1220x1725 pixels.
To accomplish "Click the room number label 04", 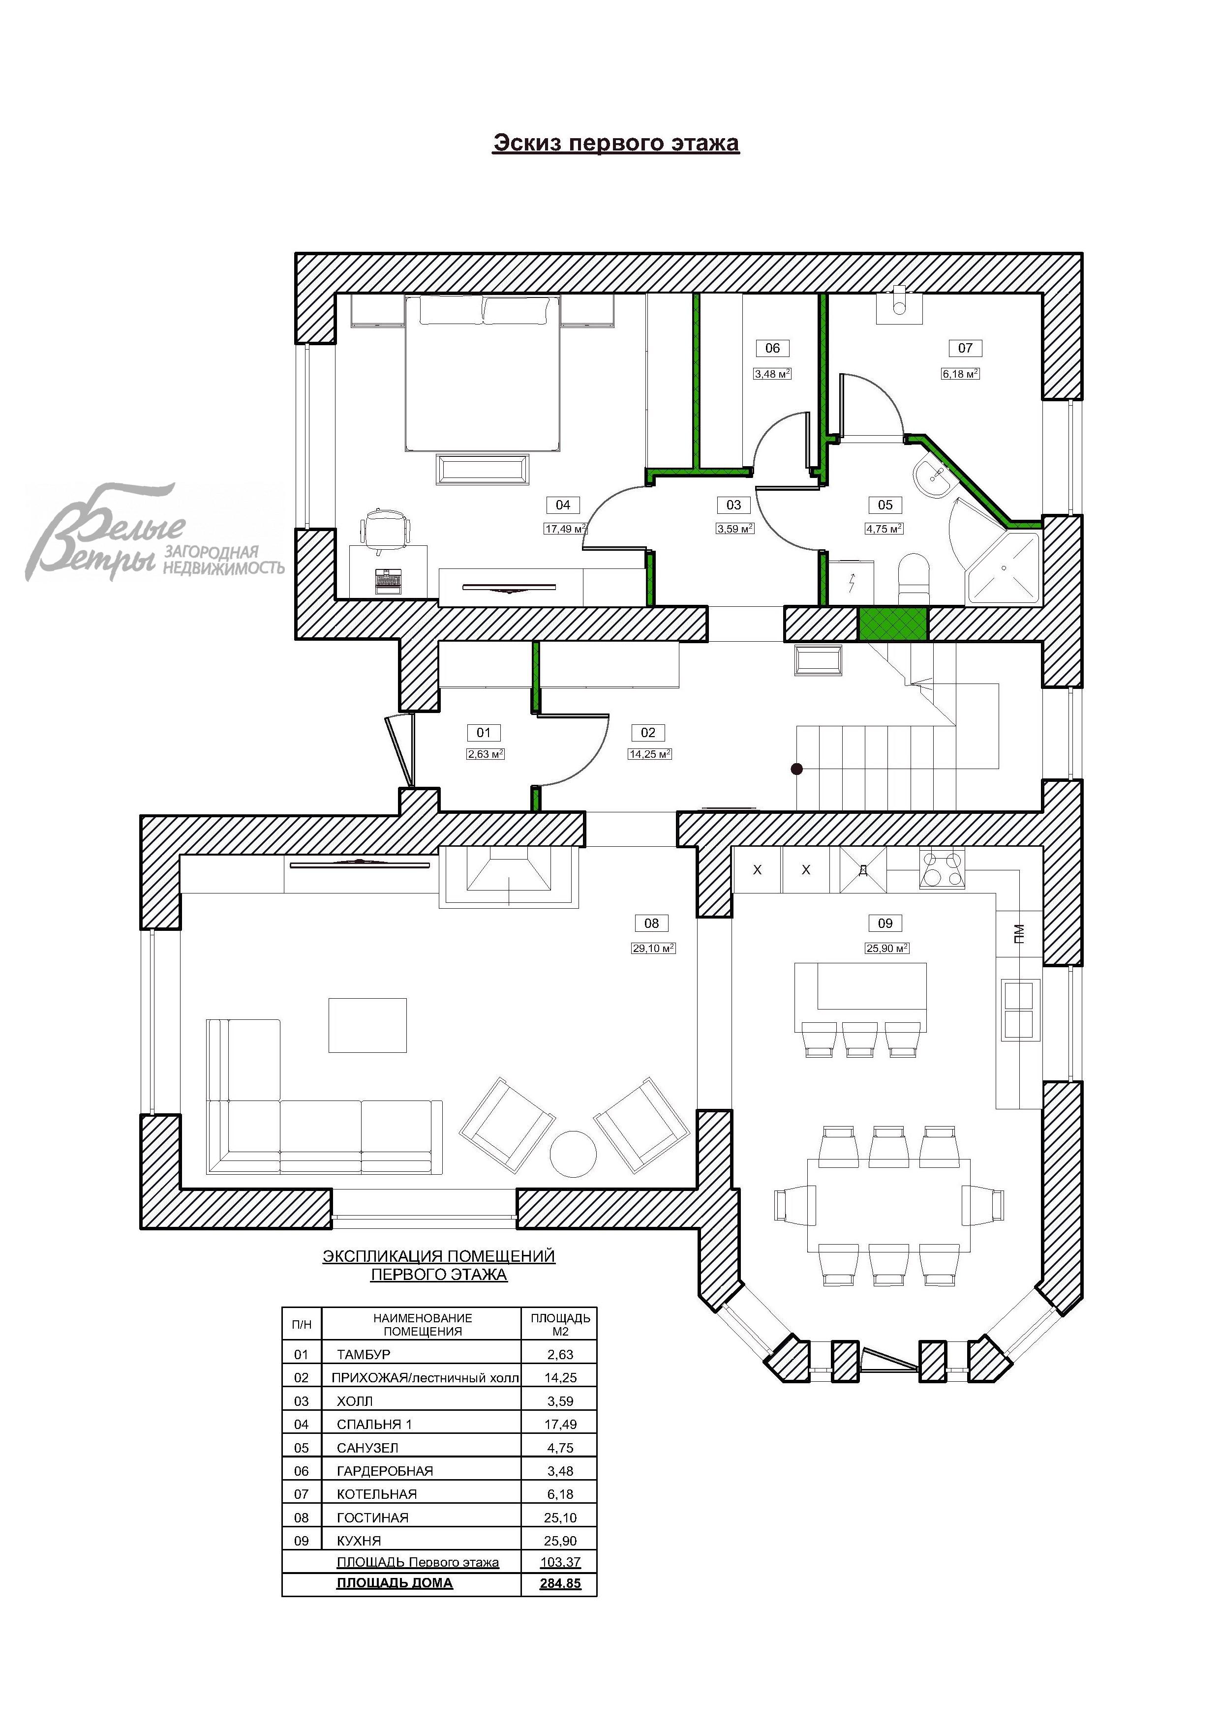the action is pos(562,505).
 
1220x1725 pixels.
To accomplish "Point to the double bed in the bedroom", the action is pos(484,373).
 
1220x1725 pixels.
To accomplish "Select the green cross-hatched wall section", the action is pos(894,625).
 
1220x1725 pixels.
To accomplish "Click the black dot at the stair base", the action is pos(797,769).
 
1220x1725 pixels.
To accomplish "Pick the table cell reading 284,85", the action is pos(560,1583).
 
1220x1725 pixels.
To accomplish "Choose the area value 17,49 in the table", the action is pos(560,1424).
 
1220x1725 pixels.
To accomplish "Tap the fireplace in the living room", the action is pos(508,876).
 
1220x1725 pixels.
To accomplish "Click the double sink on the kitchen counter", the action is pos(1019,1009).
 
